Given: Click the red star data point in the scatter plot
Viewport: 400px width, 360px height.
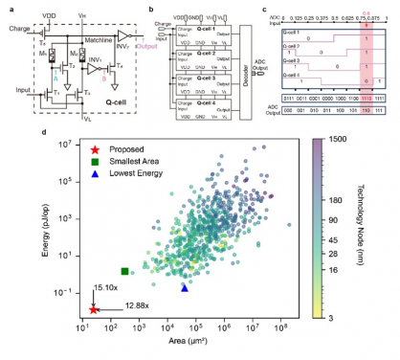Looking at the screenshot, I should tap(93, 309).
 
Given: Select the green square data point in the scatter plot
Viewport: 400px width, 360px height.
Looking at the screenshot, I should tap(125, 272).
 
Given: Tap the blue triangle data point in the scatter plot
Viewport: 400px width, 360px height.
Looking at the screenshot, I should tap(185, 287).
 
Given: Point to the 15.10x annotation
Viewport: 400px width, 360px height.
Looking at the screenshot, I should tap(105, 286).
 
